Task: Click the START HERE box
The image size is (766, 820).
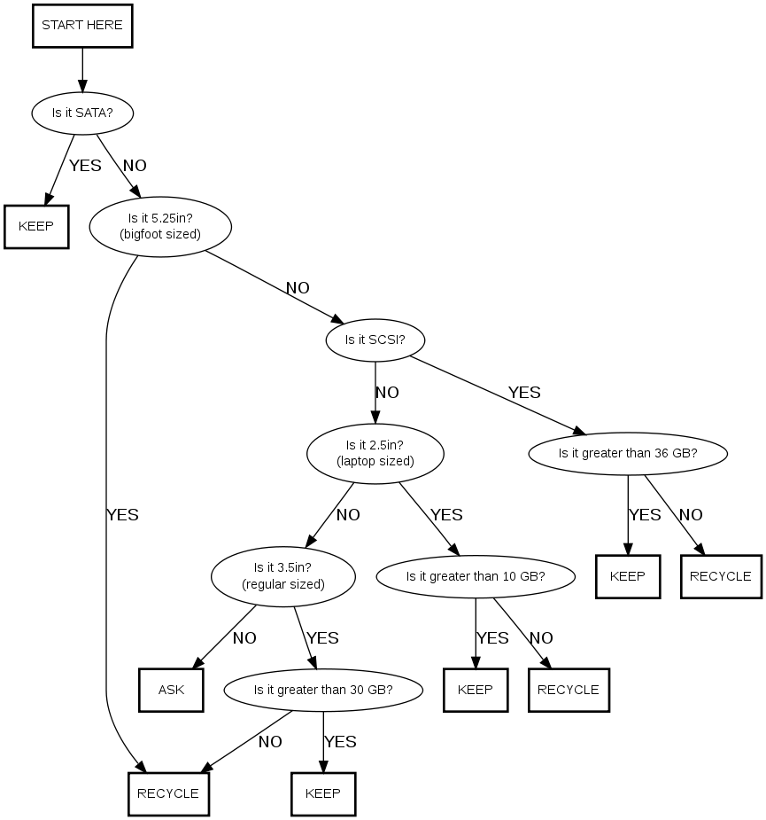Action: coord(82,26)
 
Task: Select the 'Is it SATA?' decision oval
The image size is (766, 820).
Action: coord(82,113)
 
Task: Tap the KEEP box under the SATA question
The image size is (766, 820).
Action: coord(36,226)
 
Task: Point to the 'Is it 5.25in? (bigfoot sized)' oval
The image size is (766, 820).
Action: coord(160,226)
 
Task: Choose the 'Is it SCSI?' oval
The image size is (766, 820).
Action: coord(375,340)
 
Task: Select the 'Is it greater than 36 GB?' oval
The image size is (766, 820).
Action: coord(628,453)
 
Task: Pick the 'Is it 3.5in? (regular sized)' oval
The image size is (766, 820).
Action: coord(283,575)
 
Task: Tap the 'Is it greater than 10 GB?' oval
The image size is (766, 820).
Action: coord(476,576)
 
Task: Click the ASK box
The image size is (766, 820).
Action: coord(171,690)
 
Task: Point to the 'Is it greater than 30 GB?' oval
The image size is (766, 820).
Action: coord(323,690)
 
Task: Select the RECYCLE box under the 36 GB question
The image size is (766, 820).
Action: coord(720,576)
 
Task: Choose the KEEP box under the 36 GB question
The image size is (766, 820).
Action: coord(628,576)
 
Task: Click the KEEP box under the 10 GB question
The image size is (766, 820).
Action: coord(476,690)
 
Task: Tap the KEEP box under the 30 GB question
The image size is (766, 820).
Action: coord(323,793)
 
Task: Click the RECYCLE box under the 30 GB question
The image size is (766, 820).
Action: coord(168,793)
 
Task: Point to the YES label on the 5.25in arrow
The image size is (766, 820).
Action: coord(122,514)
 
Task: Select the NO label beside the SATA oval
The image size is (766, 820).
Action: coord(135,165)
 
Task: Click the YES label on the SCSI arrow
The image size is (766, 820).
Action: coord(524,392)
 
